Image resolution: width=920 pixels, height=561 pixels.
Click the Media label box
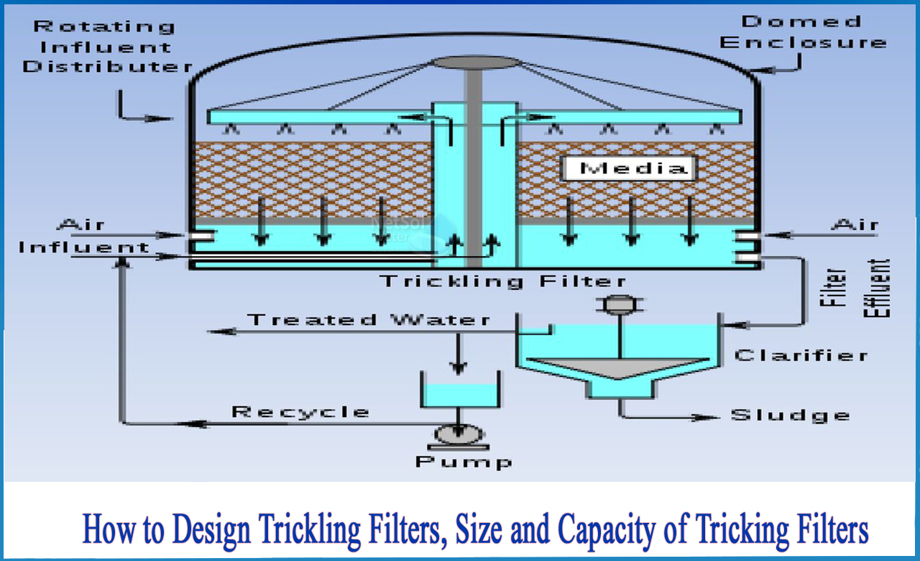pyautogui.click(x=626, y=168)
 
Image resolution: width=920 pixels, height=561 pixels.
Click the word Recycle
pyautogui.click(x=300, y=412)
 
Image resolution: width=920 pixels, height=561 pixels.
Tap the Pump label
pyautogui.click(x=464, y=461)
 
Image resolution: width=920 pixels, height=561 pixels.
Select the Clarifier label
pyautogui.click(x=801, y=355)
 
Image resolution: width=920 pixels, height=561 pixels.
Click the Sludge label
pyautogui.click(x=790, y=415)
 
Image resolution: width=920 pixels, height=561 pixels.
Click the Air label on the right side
pyautogui.click(x=855, y=225)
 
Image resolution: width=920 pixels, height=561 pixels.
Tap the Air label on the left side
pyautogui.click(x=80, y=224)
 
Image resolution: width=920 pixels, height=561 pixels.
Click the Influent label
pyautogui.click(x=84, y=247)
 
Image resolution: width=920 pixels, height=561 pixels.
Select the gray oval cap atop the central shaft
pyautogui.click(x=474, y=63)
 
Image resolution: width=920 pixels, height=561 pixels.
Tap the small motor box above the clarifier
pyautogui.click(x=617, y=305)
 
